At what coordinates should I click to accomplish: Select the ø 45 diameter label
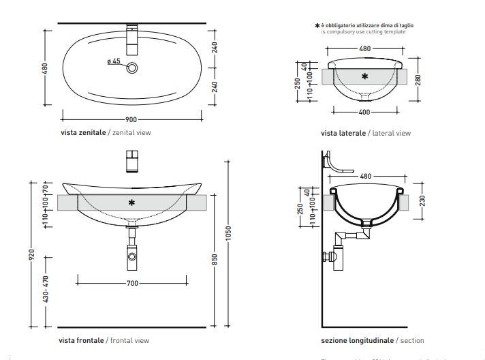(114, 61)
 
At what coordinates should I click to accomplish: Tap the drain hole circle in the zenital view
(132, 67)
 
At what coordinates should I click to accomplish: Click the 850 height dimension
(215, 260)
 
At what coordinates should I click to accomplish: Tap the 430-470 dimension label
(46, 289)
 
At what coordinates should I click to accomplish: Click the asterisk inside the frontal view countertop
(131, 202)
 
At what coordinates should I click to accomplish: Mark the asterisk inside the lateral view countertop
(364, 76)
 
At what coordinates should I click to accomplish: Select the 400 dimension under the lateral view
(364, 111)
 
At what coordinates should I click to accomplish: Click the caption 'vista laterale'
(343, 133)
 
